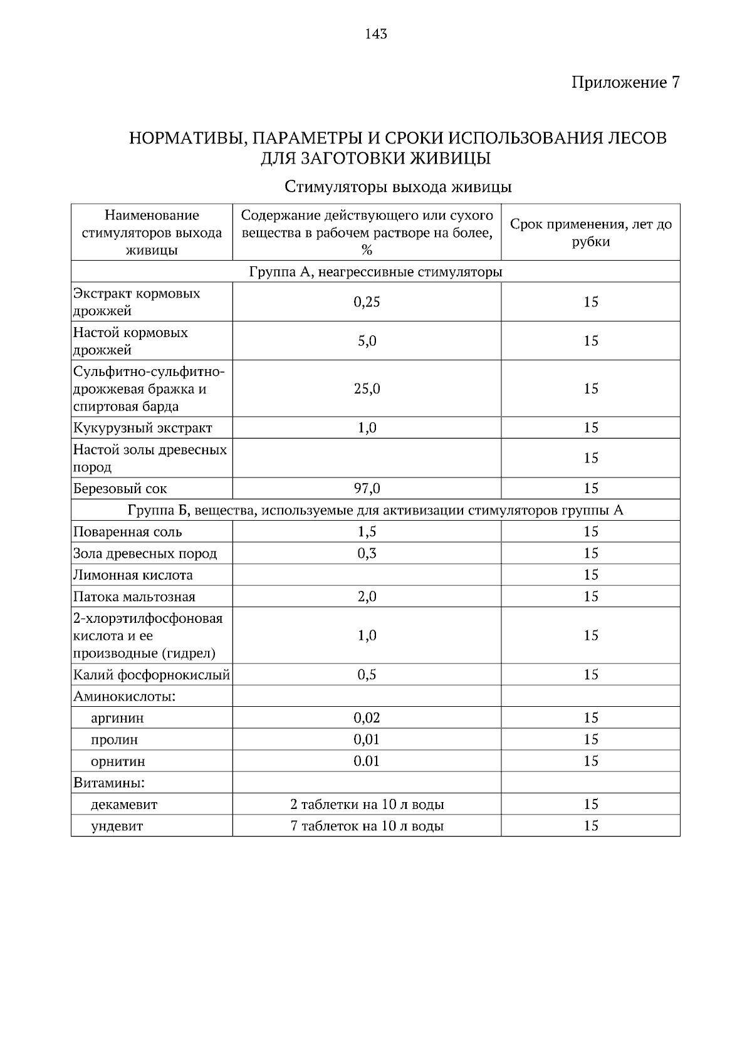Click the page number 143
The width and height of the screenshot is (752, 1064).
(376, 34)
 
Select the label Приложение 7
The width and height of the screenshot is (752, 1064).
(625, 82)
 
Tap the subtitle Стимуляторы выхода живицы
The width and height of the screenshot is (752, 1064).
(398, 187)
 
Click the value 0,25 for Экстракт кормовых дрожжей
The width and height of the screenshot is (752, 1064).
(367, 302)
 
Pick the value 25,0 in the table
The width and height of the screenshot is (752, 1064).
(367, 389)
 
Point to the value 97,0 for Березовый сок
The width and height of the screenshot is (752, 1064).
(367, 488)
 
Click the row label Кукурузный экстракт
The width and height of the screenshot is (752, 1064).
(143, 428)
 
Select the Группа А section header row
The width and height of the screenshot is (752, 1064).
(375, 272)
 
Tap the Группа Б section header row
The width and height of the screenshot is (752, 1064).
(375, 510)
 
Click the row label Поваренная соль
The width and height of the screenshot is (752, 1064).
(128, 532)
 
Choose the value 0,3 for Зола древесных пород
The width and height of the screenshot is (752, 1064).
(367, 553)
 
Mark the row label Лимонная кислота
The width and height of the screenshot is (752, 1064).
(133, 575)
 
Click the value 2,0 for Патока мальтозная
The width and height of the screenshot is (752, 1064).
(367, 597)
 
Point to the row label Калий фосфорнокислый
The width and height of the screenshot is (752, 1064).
(152, 675)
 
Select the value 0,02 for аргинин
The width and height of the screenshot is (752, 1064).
(367, 718)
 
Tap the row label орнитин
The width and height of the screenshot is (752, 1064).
(118, 762)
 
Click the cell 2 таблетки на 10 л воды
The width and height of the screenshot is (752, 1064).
(367, 805)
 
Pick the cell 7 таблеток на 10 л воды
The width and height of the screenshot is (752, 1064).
(367, 826)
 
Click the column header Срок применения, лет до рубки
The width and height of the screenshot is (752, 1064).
(590, 232)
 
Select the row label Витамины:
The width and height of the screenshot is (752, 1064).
(109, 783)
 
